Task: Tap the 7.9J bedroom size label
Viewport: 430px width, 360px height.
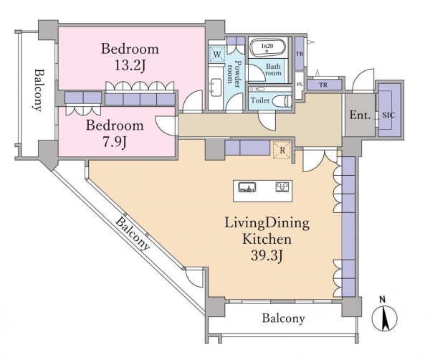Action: pyautogui.click(x=115, y=141)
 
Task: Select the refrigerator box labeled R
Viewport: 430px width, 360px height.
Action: pyautogui.click(x=282, y=150)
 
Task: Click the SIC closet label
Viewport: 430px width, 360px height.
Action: pyautogui.click(x=388, y=115)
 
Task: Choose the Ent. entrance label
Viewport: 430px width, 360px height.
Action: pyautogui.click(x=360, y=115)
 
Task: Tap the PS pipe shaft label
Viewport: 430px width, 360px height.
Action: pyautogui.click(x=300, y=85)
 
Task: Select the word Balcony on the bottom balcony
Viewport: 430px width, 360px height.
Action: pyautogui.click(x=283, y=318)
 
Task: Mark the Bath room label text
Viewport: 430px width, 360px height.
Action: pyautogui.click(x=274, y=71)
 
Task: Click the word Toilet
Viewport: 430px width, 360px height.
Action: pyautogui.click(x=260, y=102)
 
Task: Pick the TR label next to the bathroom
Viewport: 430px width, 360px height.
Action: pyautogui.click(x=300, y=54)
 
